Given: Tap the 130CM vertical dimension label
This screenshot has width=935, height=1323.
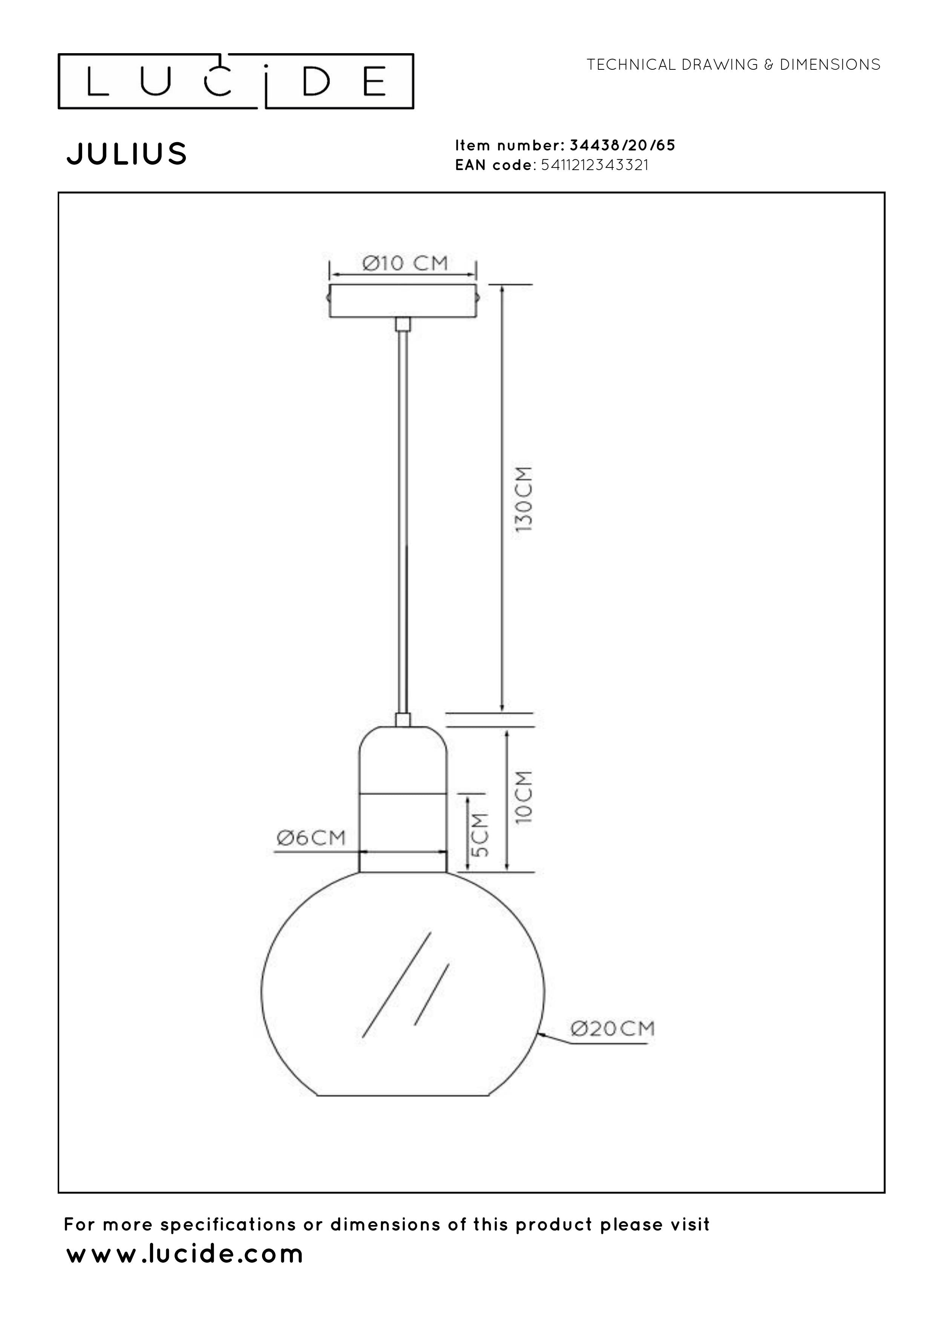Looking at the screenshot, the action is (524, 499).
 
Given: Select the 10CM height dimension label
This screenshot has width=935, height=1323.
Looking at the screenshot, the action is (524, 797).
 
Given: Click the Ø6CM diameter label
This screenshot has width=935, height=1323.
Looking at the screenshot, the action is (311, 837).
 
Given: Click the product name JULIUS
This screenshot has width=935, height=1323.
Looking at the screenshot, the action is (127, 154).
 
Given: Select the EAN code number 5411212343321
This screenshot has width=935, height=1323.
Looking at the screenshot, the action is (595, 165).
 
